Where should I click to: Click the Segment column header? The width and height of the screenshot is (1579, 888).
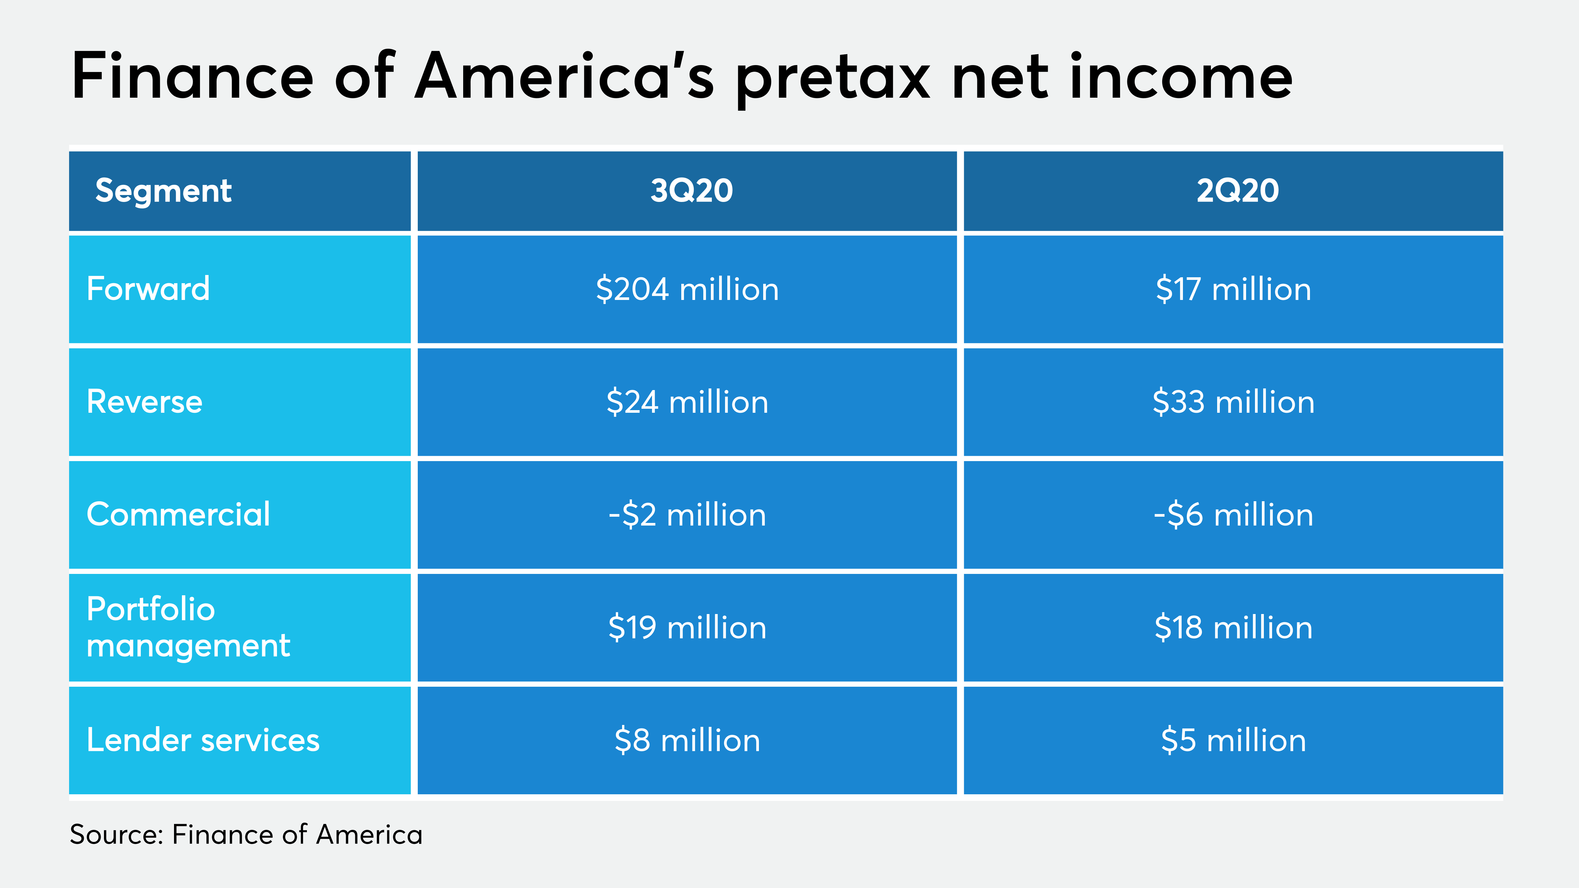tap(163, 191)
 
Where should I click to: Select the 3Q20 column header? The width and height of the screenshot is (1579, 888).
tap(691, 191)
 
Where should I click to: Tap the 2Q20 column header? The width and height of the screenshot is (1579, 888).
tap(1238, 191)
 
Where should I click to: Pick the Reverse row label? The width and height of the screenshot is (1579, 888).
tap(145, 402)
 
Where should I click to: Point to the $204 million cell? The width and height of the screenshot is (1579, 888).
tap(687, 289)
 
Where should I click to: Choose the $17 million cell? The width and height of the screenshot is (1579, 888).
tap(1233, 289)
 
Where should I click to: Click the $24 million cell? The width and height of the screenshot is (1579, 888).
tap(687, 402)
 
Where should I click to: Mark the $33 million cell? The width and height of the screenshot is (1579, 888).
tap(1233, 402)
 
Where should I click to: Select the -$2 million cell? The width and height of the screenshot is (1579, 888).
tap(687, 515)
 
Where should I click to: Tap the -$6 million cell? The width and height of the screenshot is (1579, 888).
tap(1233, 515)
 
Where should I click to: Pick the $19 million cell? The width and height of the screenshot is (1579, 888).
tap(687, 628)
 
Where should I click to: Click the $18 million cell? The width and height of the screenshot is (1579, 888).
tap(1233, 628)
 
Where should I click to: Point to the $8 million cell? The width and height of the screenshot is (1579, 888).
tap(687, 740)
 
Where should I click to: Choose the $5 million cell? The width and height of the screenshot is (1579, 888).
tap(1233, 740)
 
